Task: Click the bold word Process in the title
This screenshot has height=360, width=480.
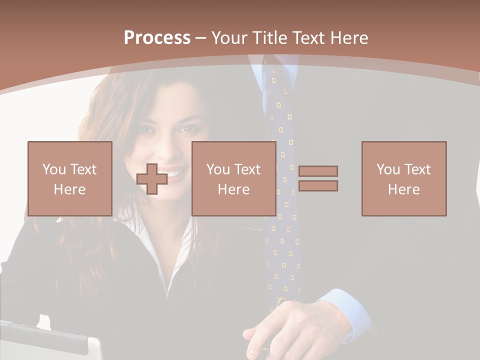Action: (157, 38)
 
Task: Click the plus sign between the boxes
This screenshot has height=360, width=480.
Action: (152, 179)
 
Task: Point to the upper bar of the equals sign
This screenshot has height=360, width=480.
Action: (318, 171)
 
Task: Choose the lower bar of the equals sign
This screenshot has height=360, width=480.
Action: (318, 186)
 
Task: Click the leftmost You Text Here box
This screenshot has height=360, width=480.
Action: (69, 178)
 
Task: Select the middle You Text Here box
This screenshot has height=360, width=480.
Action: (233, 178)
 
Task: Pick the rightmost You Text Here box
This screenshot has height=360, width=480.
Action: (403, 178)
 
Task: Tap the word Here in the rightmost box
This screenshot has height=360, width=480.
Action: (403, 189)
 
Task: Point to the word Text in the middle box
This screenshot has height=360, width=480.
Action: (247, 169)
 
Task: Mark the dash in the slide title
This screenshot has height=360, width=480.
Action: (200, 38)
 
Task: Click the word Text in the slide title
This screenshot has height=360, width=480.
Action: (307, 38)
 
